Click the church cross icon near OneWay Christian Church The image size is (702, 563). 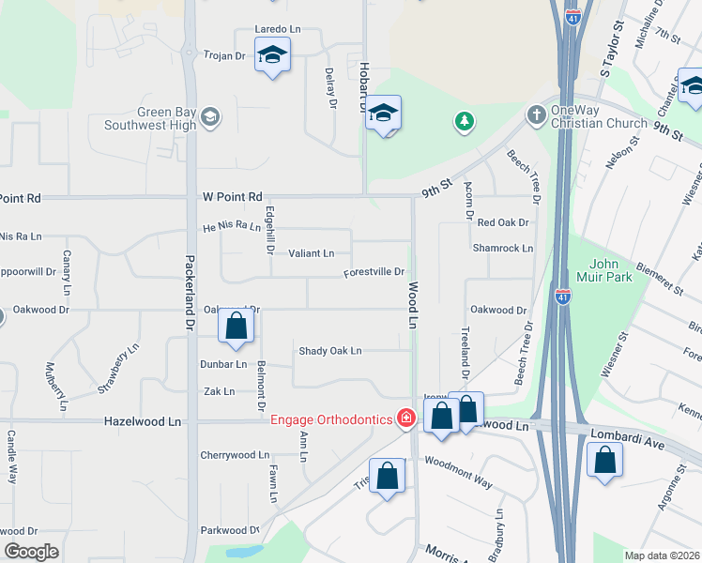[x=536, y=114]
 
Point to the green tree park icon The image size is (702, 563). [x=463, y=120]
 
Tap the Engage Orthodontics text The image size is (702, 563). [x=331, y=418]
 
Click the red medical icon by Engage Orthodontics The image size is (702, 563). [x=406, y=418]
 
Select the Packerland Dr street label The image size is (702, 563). [x=190, y=292]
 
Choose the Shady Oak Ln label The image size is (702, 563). [x=329, y=351]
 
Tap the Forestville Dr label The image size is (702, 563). [x=374, y=272]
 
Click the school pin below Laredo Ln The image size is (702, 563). [x=272, y=57]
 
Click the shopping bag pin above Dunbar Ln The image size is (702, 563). [x=237, y=327]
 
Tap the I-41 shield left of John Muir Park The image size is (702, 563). [x=562, y=296]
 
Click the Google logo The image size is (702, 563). [x=31, y=552]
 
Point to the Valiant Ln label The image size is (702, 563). [x=311, y=253]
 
